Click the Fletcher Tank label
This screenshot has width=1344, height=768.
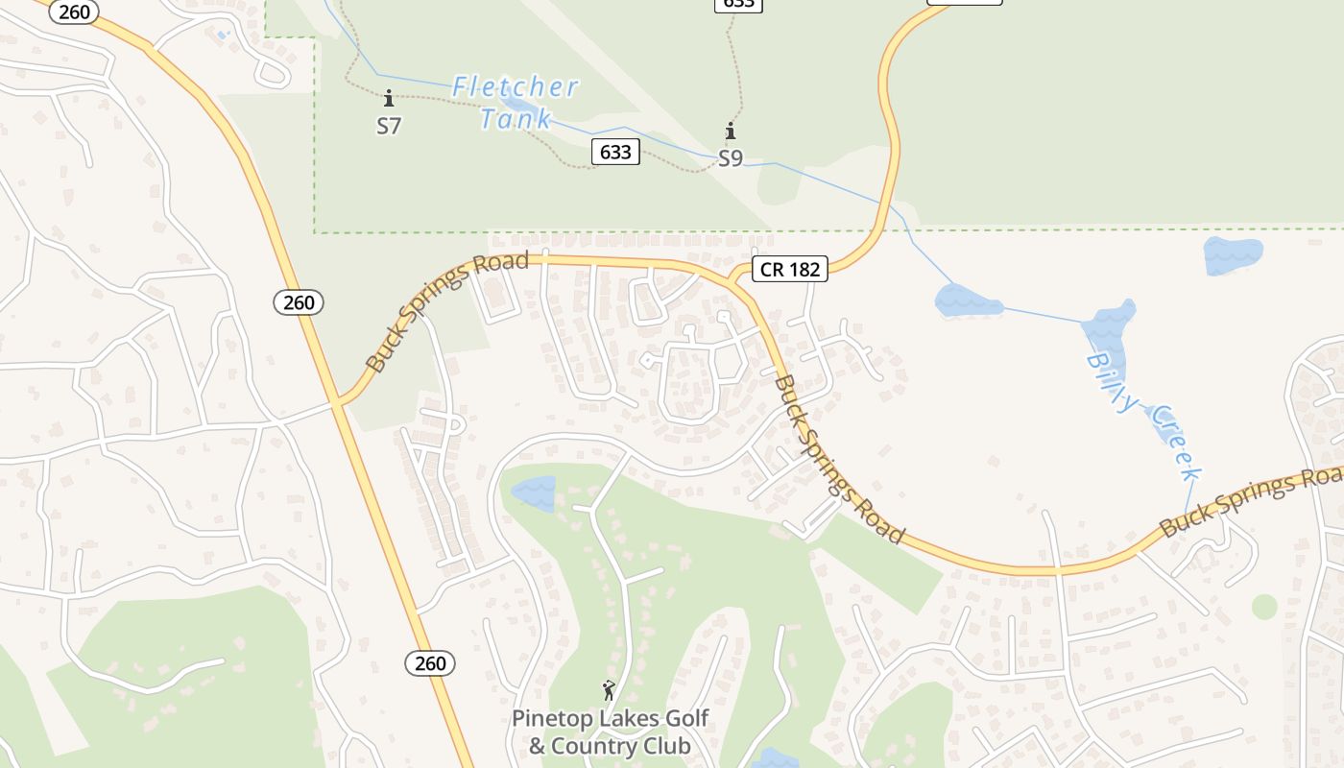(516, 103)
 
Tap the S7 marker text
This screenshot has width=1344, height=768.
(389, 126)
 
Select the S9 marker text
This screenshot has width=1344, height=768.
(731, 158)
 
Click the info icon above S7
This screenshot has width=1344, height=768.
(389, 98)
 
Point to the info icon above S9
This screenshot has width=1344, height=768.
(731, 132)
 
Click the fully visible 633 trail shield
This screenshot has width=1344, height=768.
(614, 152)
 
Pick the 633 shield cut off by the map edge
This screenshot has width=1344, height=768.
(738, 5)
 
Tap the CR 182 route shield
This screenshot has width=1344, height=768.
(790, 270)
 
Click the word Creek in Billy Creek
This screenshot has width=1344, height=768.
(1176, 443)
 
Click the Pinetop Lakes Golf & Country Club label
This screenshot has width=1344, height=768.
(610, 732)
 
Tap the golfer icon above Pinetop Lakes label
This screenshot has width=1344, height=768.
(609, 689)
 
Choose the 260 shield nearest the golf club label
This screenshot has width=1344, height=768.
(430, 663)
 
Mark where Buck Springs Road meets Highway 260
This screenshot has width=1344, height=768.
(337, 402)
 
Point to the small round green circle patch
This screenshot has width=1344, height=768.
(1264, 607)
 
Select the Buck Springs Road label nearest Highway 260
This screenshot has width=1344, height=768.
(447, 311)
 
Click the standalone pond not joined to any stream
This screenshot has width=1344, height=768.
(1233, 254)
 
